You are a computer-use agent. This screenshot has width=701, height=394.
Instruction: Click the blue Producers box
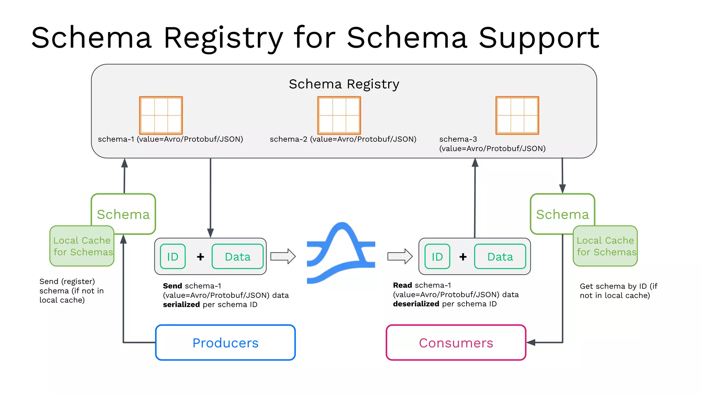225,342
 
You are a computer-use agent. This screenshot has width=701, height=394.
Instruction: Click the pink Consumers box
456,342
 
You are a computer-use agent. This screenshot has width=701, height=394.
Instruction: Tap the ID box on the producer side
173,257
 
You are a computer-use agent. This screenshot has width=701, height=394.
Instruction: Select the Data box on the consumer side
500,257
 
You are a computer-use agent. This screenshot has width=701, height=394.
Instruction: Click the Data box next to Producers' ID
238,257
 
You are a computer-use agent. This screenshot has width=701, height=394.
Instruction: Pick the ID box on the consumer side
437,257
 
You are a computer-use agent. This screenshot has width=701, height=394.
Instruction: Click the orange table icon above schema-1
161,115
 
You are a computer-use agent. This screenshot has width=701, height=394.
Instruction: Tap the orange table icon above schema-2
339,115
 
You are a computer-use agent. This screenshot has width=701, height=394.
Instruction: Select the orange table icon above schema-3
517,115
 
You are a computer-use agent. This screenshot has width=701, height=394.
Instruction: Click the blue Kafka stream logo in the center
341,253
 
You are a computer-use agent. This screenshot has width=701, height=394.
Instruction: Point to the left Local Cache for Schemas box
82,246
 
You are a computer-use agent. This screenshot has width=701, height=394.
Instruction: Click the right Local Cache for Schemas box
605,246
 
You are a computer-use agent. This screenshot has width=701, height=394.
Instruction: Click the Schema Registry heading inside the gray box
344,84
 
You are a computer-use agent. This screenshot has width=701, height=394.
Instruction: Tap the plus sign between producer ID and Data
201,257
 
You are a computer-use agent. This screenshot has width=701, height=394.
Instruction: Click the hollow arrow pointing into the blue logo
283,256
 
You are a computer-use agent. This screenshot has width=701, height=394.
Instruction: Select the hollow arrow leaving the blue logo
400,256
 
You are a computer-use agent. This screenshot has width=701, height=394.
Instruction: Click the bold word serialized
181,304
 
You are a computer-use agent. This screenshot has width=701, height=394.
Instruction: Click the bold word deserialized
416,304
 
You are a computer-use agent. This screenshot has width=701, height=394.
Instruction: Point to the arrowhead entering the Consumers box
531,342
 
